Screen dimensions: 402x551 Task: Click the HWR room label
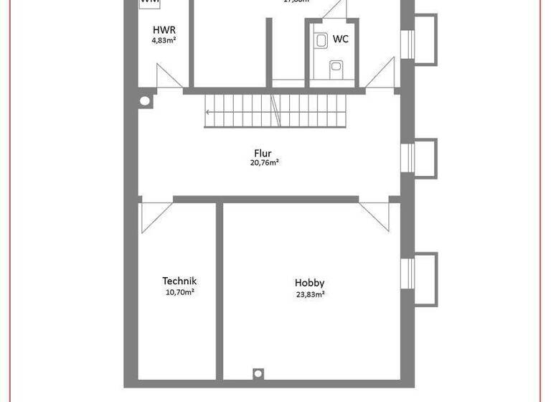point(164,30)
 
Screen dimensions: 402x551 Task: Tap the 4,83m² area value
point(164,41)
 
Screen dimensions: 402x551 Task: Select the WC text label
point(340,39)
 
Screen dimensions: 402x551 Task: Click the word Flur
point(263,153)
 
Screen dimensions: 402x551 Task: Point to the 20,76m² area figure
point(264,163)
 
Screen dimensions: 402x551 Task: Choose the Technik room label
point(179,281)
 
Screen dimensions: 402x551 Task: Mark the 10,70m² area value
point(179,293)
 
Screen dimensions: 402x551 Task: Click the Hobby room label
point(310,283)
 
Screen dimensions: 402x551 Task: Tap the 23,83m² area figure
point(311,294)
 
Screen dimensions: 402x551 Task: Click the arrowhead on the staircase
point(208,111)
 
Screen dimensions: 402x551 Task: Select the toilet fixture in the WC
point(336,68)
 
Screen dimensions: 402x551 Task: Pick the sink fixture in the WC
point(320,41)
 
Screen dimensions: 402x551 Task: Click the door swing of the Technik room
point(155,215)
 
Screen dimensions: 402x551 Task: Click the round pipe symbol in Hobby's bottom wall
point(258,373)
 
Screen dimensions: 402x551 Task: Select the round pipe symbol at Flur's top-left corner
point(145,100)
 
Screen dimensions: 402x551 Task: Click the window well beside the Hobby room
point(424,279)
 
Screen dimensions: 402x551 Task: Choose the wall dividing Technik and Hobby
point(219,290)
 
